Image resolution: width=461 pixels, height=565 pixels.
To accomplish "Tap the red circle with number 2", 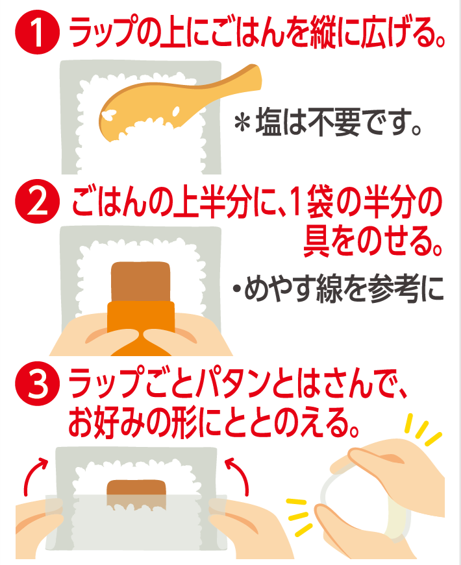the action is pyautogui.click(x=37, y=202).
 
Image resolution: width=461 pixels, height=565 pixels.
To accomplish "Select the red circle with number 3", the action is pyautogui.click(x=37, y=384).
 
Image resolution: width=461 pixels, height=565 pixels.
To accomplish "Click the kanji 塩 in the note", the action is pyautogui.click(x=269, y=123).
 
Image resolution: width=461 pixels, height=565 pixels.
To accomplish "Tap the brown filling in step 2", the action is pyautogui.click(x=141, y=282).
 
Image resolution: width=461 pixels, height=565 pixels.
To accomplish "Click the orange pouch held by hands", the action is pyautogui.click(x=141, y=328).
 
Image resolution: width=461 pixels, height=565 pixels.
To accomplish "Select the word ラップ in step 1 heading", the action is pyautogui.click(x=105, y=32).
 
